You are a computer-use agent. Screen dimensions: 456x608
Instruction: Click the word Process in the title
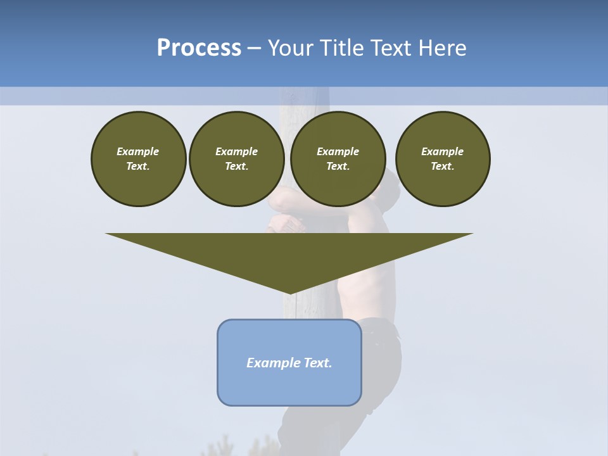point(199,48)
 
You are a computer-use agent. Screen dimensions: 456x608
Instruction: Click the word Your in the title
point(291,48)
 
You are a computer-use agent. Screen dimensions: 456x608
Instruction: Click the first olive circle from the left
point(138,159)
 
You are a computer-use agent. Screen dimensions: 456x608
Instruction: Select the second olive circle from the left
point(236,159)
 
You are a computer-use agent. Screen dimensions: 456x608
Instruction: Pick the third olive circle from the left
point(338,159)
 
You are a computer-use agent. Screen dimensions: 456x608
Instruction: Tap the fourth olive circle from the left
point(443,159)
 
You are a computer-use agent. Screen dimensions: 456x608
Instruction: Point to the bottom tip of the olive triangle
point(289,293)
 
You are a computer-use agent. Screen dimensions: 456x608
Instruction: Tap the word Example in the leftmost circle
point(138,151)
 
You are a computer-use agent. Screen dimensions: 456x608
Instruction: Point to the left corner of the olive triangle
point(107,234)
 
